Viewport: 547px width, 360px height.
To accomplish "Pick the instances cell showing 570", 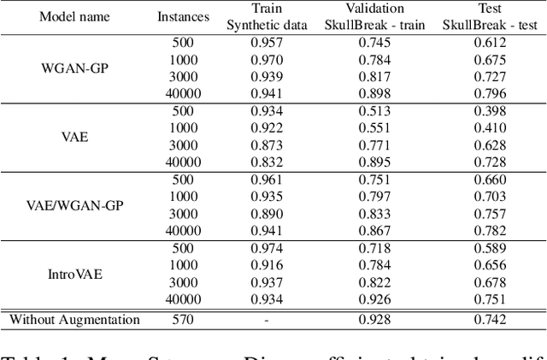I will (182, 320).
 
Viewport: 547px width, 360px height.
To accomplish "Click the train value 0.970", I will (267, 58).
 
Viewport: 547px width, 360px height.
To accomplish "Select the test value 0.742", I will (485, 320).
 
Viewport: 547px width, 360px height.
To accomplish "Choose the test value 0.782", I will (485, 229).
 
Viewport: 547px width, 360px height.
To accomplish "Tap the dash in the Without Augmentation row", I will (267, 320).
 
